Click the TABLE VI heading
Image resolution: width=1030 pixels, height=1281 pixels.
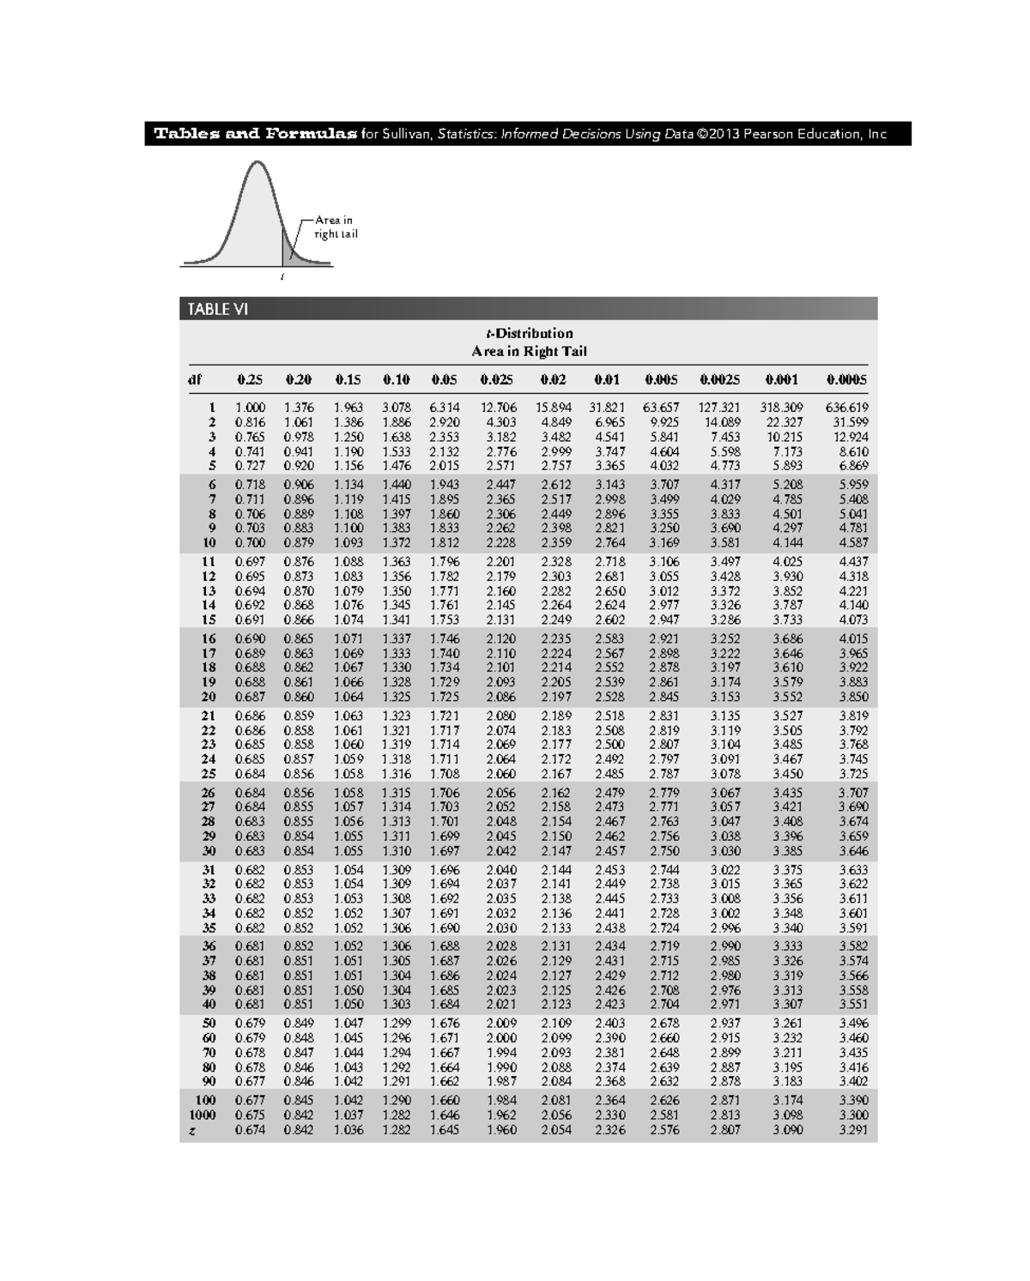tap(218, 310)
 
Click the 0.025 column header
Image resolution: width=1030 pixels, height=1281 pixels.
tap(496, 379)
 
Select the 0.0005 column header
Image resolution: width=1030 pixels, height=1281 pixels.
tap(846, 379)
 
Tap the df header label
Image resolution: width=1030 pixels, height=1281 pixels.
tap(195, 379)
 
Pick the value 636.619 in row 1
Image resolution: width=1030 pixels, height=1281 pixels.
tap(846, 408)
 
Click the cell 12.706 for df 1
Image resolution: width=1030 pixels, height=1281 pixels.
tap(500, 408)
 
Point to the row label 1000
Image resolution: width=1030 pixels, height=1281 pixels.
tap(203, 1115)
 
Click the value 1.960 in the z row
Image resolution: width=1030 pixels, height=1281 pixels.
tap(501, 1130)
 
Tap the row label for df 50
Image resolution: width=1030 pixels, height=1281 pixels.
tap(209, 1023)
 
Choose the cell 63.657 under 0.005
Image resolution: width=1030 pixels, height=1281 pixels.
tap(661, 408)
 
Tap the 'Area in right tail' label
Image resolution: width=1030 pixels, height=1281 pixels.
tap(335, 227)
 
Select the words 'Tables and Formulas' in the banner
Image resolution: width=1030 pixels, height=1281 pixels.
tap(255, 134)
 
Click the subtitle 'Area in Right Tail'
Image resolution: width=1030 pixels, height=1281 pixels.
tap(529, 351)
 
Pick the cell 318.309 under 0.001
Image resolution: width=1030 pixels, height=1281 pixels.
tap(781, 408)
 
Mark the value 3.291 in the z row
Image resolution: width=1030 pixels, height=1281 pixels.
tap(853, 1130)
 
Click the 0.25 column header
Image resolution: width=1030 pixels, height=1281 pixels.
tap(250, 379)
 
